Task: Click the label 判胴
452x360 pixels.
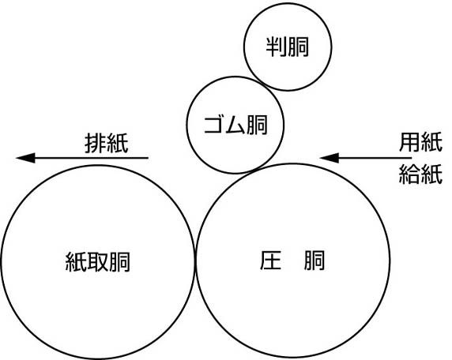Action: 288,47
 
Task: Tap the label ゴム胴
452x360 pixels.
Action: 235,125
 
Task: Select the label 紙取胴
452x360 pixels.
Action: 98,262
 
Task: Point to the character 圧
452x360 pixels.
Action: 270,261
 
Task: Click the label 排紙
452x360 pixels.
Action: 107,143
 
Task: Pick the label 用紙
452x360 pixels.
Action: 420,142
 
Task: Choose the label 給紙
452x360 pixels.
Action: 420,174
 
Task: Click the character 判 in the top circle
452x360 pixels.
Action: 276,47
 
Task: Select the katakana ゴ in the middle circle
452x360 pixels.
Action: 214,125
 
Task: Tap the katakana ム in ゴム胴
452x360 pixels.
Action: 235,125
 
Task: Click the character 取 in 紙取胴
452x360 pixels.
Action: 98,262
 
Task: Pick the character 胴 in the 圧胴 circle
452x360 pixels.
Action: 315,261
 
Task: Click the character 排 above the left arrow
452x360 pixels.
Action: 96,143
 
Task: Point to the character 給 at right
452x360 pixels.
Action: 409,174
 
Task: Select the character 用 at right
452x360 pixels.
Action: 409,142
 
